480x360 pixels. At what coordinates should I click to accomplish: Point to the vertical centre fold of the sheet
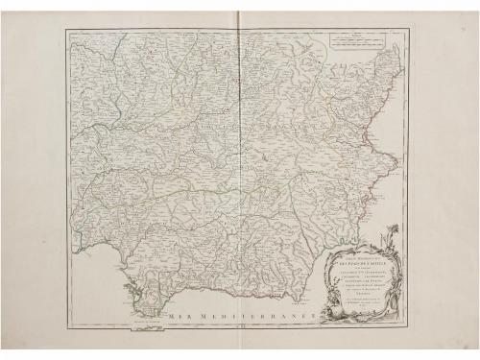241,173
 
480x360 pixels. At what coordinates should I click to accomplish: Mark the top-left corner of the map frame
67,30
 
